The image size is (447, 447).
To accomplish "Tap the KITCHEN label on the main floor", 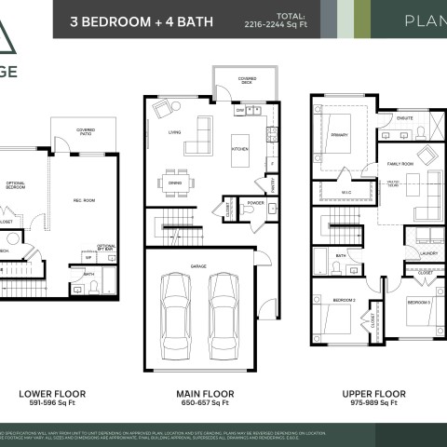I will coord(239,149).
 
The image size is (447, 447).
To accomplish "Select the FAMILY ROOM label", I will coord(400,164).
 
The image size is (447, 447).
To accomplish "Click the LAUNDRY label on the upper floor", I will coord(428,252).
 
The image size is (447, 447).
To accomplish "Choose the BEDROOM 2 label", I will coord(344,300).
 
